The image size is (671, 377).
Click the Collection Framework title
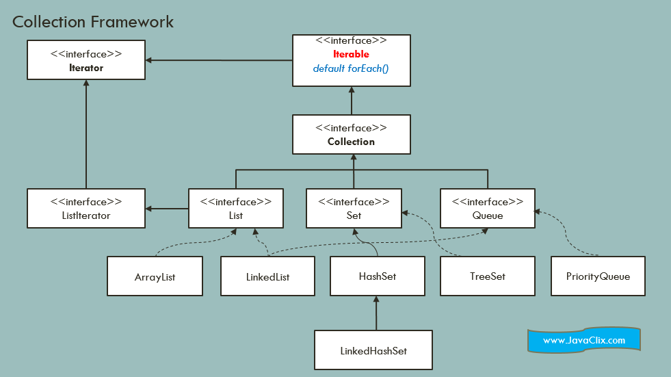(x=93, y=22)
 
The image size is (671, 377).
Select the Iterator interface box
(x=86, y=60)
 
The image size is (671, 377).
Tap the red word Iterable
(x=351, y=54)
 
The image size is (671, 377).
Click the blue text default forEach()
(x=351, y=68)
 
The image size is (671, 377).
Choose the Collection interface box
(x=352, y=134)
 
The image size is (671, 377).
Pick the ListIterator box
(x=86, y=208)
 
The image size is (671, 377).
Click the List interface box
(x=235, y=208)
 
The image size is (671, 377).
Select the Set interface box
(x=354, y=208)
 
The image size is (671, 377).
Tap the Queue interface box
(x=488, y=208)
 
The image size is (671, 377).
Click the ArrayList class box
(x=155, y=276)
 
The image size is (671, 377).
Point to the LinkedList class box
(x=267, y=276)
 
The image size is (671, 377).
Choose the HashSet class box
(x=377, y=276)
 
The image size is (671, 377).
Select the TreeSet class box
(x=488, y=276)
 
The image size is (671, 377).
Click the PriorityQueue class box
(x=598, y=276)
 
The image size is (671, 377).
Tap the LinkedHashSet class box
(x=373, y=350)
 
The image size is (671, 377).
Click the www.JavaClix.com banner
(x=583, y=340)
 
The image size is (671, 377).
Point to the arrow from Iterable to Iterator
(x=219, y=61)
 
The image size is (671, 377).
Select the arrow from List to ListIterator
(x=167, y=209)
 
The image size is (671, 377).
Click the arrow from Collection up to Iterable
(x=352, y=101)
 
